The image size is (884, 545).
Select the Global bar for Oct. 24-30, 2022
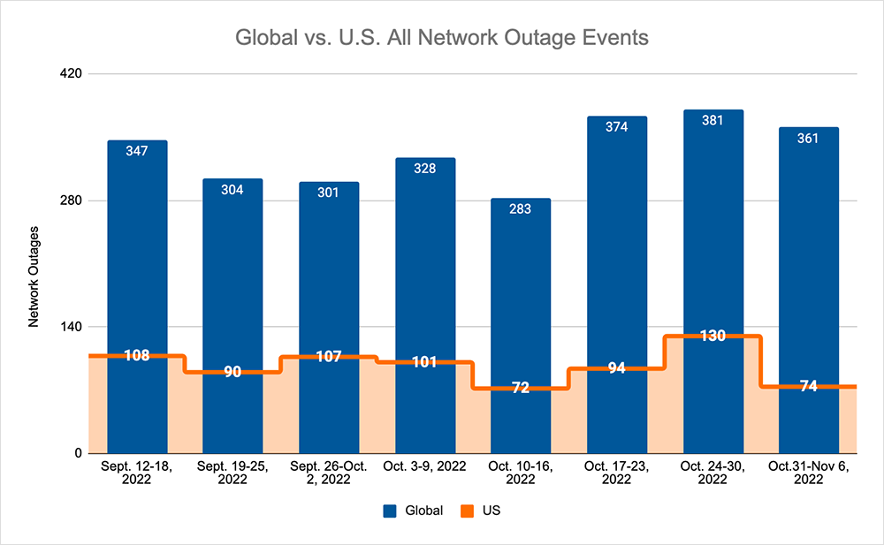[713, 221]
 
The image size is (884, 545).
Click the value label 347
[137, 151]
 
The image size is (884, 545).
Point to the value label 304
[232, 189]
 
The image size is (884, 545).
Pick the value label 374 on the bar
[616, 127]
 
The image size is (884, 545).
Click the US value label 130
[713, 336]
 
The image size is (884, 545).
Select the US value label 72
[521, 388]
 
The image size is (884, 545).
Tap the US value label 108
[137, 356]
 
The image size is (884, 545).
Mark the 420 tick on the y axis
[71, 73]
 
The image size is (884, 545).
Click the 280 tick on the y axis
[71, 201]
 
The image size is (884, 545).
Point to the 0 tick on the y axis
[78, 453]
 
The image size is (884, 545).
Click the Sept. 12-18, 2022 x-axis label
[137, 473]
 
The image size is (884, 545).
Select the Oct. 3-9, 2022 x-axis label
[425, 466]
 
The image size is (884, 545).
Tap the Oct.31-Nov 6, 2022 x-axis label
[808, 473]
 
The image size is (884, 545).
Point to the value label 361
[808, 138]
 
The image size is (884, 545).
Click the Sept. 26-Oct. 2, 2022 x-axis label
[329, 473]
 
